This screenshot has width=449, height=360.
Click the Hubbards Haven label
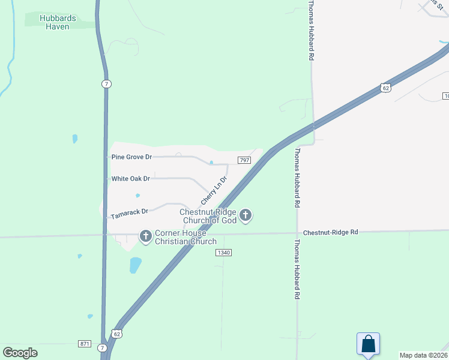pos(58,22)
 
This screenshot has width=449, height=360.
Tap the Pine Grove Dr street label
pos(132,157)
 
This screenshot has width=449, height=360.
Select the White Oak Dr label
pos(130,179)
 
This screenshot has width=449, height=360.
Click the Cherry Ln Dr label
pos(214,190)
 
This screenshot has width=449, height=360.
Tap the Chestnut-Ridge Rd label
pos(330,232)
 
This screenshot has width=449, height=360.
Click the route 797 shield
pos(244,160)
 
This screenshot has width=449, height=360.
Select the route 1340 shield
pos(223,253)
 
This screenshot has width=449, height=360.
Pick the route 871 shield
pos(85,344)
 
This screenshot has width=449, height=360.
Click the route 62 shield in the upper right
pos(385,88)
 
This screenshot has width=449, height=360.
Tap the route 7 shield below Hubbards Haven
pos(106,84)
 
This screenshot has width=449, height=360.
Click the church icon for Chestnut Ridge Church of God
pos(245,215)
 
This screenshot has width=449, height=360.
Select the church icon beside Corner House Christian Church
pos(146,237)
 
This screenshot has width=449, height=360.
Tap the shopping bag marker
pos(368,344)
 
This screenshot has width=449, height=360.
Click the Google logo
pos(20,352)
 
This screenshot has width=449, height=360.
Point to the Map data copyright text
pos(424,355)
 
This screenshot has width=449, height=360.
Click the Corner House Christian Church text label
pos(185,238)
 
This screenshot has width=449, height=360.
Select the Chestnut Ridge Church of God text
pos(209,216)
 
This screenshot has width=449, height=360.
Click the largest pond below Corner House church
pos(136,265)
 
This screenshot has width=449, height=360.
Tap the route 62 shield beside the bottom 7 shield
pos(117,334)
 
